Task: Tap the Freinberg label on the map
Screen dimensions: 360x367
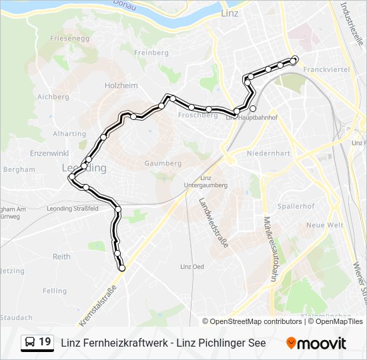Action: tap(151, 53)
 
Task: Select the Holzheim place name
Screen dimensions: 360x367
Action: tap(121, 85)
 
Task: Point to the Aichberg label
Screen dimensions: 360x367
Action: tap(53, 97)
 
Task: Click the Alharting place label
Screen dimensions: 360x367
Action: tap(69, 134)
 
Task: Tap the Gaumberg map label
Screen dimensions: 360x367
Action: tap(163, 163)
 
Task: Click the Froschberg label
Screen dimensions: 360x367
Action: tap(198, 115)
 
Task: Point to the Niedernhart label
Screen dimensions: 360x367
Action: tap(268, 153)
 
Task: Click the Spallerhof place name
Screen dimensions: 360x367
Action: tap(296, 207)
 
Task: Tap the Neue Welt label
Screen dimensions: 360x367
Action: tap(325, 225)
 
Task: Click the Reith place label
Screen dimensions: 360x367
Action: tap(62, 257)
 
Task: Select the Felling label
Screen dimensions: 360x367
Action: tap(55, 291)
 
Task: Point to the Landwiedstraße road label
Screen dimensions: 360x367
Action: tap(214, 223)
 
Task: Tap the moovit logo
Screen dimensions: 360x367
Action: tap(316, 343)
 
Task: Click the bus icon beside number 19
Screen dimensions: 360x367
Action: tap(31, 343)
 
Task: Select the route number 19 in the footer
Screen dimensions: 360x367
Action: tap(45, 343)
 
